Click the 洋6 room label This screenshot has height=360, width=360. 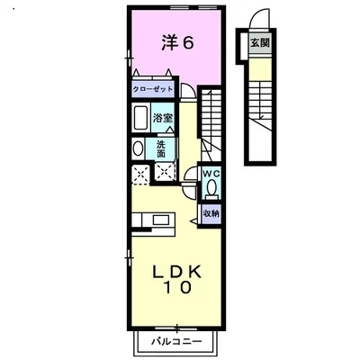coord(176,41)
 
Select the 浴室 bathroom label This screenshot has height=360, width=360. coord(162,117)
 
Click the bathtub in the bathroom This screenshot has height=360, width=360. coord(141,119)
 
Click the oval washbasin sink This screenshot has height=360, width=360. coord(138,149)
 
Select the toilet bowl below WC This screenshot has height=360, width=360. coord(211,188)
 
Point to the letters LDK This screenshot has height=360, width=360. coord(177,271)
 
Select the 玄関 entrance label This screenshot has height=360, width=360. coord(259,41)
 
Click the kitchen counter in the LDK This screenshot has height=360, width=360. coord(154,220)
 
